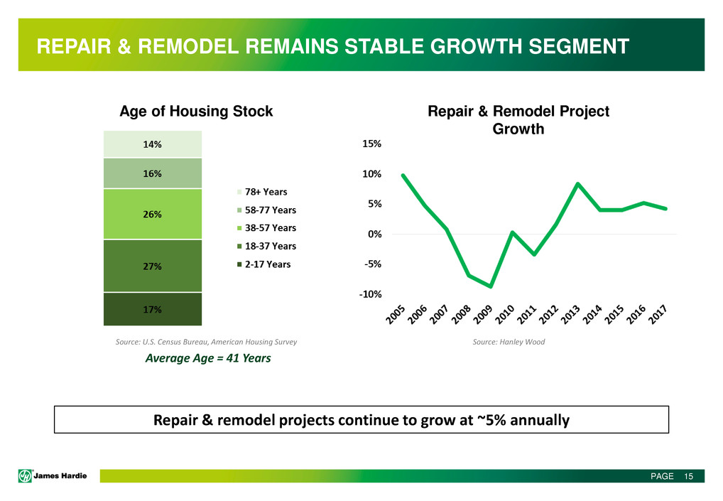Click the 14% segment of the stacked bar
click(152, 144)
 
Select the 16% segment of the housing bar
click(152, 173)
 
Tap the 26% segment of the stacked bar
click(152, 214)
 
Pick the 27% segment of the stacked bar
click(152, 266)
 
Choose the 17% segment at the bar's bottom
click(152, 309)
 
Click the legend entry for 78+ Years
click(265, 192)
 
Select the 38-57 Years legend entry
click(266, 228)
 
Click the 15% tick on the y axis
click(372, 144)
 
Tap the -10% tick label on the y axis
click(370, 294)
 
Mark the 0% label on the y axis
click(374, 234)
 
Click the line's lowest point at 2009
click(490, 286)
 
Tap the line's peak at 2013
click(578, 184)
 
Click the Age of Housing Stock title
click(196, 112)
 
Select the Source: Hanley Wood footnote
click(509, 342)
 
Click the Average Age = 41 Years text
click(208, 358)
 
